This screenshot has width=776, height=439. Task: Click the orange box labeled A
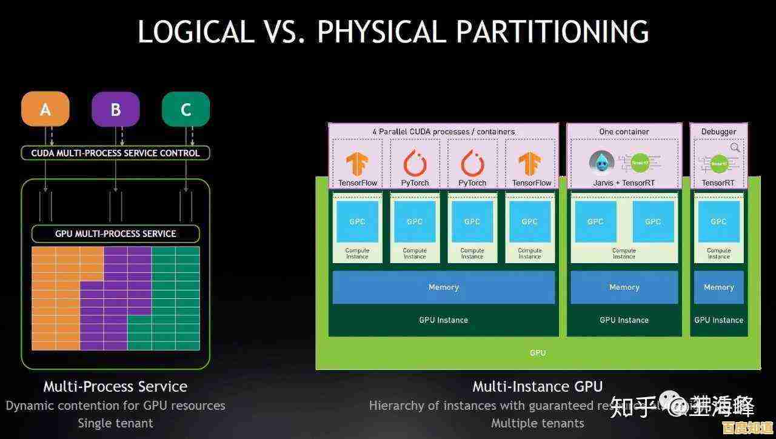coord(45,110)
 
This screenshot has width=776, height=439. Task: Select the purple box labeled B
coord(115,110)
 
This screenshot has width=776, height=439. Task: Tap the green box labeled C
coord(186,110)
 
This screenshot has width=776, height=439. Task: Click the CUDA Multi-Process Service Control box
coord(115,153)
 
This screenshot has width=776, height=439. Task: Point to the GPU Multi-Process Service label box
coord(115,233)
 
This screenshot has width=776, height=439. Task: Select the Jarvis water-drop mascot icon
coord(601,162)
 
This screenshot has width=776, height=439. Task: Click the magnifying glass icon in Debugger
coord(735,147)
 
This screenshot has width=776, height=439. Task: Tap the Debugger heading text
coord(718,132)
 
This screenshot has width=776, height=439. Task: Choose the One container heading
coord(624,132)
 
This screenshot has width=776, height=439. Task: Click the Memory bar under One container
coord(624,287)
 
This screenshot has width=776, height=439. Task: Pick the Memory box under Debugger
coord(718,287)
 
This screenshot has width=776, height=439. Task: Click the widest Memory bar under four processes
coord(443,287)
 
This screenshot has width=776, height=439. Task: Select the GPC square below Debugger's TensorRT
coord(718,221)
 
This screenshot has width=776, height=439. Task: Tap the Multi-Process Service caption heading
coord(115,386)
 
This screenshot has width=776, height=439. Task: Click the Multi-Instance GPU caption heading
coord(537,386)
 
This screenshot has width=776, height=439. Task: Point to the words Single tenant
coord(115,423)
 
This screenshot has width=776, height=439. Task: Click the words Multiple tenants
coord(537,423)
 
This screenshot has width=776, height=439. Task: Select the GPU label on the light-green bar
coord(537,353)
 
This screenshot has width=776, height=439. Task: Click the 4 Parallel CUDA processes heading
coord(443,132)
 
